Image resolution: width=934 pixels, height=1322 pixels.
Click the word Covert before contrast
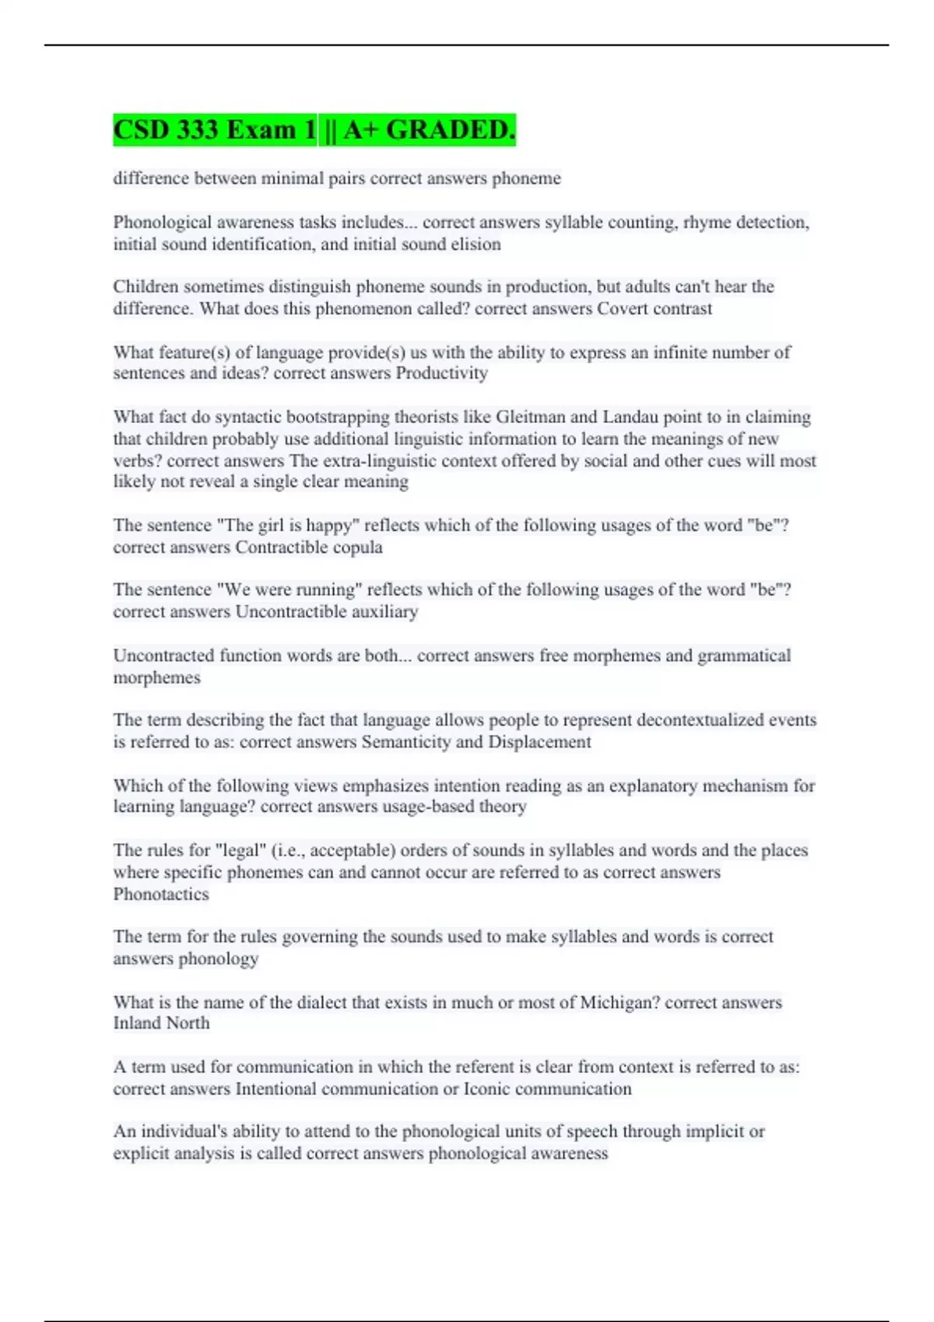click(622, 309)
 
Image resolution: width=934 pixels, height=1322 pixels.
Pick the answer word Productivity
click(441, 373)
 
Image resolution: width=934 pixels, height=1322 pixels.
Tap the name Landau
click(630, 417)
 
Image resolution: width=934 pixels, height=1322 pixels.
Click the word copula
click(355, 547)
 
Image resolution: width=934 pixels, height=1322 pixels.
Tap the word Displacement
click(539, 742)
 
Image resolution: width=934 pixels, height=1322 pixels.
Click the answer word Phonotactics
click(161, 894)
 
